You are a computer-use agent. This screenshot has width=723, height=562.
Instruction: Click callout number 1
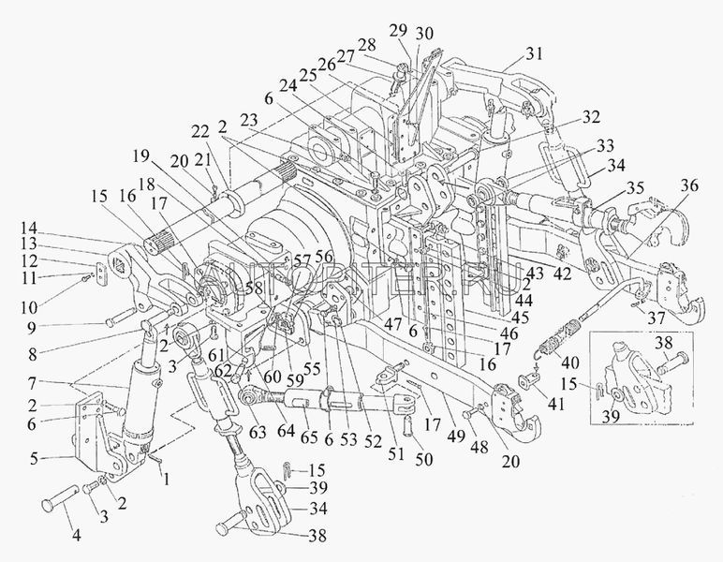pyautogui.click(x=167, y=479)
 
